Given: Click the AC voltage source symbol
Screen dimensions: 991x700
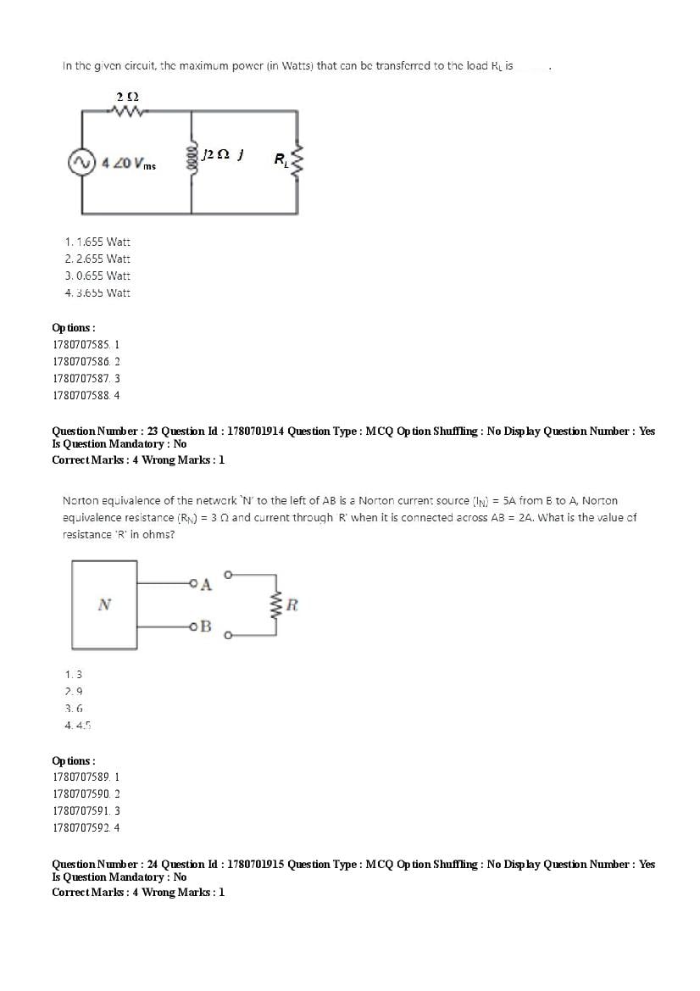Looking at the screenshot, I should [81, 161].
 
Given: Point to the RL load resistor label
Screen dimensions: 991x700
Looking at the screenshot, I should [281, 159].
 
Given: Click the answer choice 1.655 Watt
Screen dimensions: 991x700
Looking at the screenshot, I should [97, 242].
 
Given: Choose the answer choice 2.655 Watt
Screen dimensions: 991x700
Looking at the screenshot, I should [97, 259].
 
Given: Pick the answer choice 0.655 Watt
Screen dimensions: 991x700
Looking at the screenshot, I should [97, 276].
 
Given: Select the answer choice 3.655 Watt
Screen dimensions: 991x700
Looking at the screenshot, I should [97, 292].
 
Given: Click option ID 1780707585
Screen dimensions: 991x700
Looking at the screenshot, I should [86, 345].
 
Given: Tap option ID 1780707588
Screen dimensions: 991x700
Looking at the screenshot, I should [86, 395].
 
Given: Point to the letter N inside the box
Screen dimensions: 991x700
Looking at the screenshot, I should [104, 604].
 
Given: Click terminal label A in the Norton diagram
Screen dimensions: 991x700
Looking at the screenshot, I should [208, 584].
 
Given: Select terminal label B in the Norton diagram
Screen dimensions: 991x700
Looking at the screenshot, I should [207, 626].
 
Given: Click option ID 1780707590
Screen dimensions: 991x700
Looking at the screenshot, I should [86, 793].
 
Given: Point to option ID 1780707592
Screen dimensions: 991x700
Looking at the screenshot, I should [86, 827].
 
